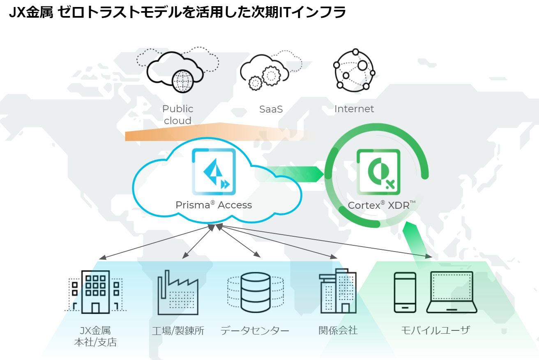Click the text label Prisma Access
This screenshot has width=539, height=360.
coord(214,205)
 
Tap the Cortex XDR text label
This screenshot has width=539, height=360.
coord(382,205)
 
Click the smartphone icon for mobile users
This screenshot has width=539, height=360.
coord(405,292)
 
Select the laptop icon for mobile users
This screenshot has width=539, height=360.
coord(451,292)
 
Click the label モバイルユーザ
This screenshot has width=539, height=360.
coord(435,330)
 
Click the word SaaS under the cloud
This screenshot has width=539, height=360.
coord(271,109)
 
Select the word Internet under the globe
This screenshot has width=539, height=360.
coord(354,109)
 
